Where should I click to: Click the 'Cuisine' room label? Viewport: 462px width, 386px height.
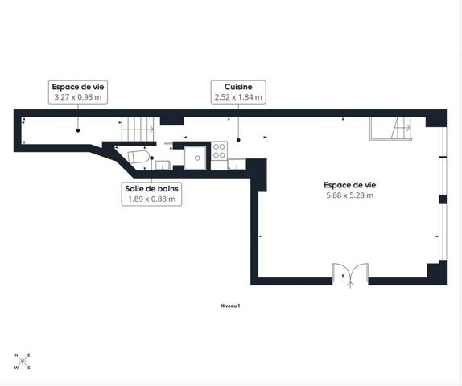238,87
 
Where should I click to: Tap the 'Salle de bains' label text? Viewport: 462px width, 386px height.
152,189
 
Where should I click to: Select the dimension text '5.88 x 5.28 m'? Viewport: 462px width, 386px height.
350,195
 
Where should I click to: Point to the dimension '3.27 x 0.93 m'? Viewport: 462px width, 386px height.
78,97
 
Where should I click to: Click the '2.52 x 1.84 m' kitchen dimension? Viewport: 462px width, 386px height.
238,97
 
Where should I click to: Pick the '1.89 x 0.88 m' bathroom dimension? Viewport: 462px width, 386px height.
152,199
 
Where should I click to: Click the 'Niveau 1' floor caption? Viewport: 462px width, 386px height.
230,306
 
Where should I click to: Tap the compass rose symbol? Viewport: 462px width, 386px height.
23,361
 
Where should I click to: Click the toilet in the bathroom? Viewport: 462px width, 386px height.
138,157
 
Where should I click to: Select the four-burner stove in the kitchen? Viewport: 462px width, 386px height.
219,150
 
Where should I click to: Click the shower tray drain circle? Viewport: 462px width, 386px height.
197,158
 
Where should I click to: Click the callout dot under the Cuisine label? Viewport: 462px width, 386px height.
238,140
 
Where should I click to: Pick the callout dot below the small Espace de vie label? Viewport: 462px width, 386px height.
78,130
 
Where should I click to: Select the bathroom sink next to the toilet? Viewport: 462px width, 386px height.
163,166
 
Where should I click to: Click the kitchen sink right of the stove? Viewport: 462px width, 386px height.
237,165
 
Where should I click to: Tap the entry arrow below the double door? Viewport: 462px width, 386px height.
350,284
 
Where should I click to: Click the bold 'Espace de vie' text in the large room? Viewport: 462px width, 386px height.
350,185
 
